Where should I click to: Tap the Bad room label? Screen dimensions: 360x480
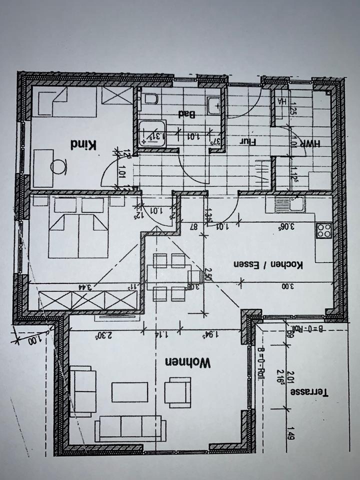[186, 114]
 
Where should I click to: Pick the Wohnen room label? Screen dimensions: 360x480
[189, 362]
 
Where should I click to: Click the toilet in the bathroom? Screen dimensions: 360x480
[151, 99]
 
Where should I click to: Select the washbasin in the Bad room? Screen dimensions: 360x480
[215, 103]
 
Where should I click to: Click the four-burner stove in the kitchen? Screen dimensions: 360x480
[323, 230]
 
